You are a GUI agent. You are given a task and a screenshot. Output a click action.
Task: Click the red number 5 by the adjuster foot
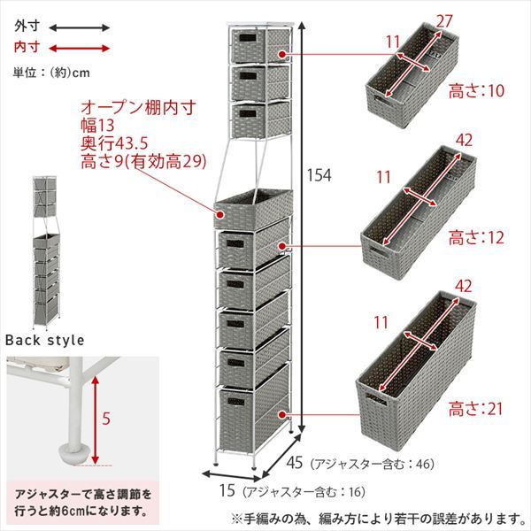tap(105, 420)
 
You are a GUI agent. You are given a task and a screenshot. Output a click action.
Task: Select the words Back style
tap(45, 339)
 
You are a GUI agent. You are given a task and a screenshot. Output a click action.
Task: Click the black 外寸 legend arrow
tap(79, 27)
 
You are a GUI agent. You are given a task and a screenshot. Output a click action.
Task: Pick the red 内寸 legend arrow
tap(79, 48)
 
